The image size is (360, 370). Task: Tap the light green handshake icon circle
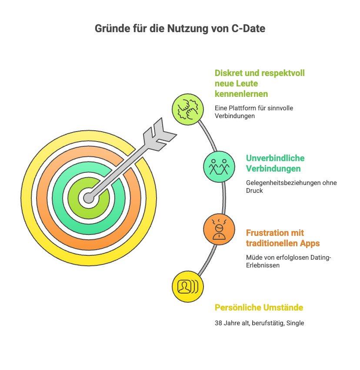point(188,110)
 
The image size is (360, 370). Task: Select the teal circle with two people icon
point(219,166)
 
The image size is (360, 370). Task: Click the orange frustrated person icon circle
point(219,229)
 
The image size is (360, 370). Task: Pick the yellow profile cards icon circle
point(188,286)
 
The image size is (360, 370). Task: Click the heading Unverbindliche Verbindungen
point(275,163)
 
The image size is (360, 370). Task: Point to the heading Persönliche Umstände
point(259,307)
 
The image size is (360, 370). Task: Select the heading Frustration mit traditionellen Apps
point(283,238)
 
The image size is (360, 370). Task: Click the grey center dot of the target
point(89,198)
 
